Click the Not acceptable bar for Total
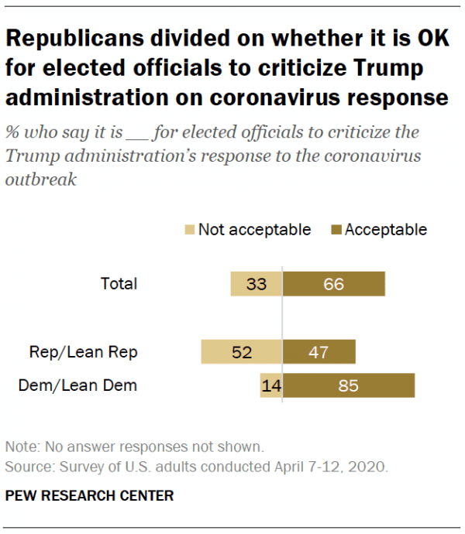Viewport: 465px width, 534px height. (256, 284)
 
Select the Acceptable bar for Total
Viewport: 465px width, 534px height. (333, 284)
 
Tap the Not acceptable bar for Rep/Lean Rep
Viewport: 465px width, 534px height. (241, 352)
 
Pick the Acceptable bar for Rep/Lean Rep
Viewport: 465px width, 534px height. (319, 352)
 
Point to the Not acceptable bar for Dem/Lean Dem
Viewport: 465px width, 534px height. (270, 385)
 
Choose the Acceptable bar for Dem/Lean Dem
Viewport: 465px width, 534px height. (348, 385)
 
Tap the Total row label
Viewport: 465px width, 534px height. (119, 284)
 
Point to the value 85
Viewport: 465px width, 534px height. (348, 385)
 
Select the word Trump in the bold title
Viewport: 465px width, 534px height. (385, 68)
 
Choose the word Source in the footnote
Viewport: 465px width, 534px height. (27, 467)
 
